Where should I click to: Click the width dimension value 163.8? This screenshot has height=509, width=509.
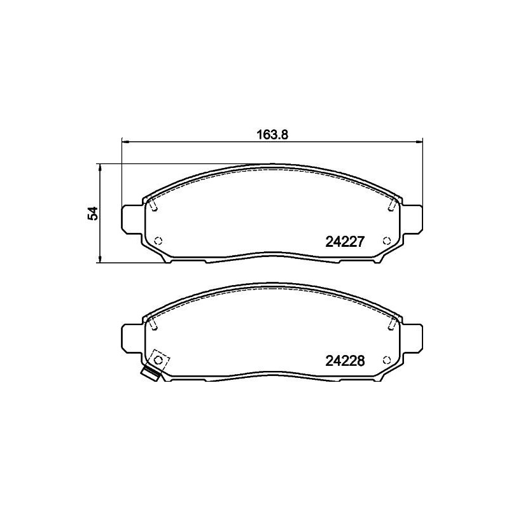coord(268,135)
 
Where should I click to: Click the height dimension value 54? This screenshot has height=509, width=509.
coord(94,213)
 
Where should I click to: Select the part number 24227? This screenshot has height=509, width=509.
coord(344,242)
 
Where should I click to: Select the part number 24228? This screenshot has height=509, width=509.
coord(344,361)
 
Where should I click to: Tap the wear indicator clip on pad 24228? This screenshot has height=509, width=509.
coord(151,375)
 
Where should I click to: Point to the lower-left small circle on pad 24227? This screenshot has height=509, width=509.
coord(158,241)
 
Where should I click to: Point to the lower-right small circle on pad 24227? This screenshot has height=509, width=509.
coord(386,241)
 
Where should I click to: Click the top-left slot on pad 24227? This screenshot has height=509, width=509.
coord(153,205)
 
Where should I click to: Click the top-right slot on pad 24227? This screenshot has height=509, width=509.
coord(393,205)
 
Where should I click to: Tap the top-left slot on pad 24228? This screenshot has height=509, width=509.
coord(153,324)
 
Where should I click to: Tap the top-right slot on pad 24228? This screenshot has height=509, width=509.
coord(393,324)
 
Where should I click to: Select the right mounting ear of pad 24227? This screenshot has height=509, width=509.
coord(414,219)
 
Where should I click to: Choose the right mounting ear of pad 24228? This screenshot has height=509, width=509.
coord(414,337)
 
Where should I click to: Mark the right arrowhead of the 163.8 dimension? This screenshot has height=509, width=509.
coord(420,142)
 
